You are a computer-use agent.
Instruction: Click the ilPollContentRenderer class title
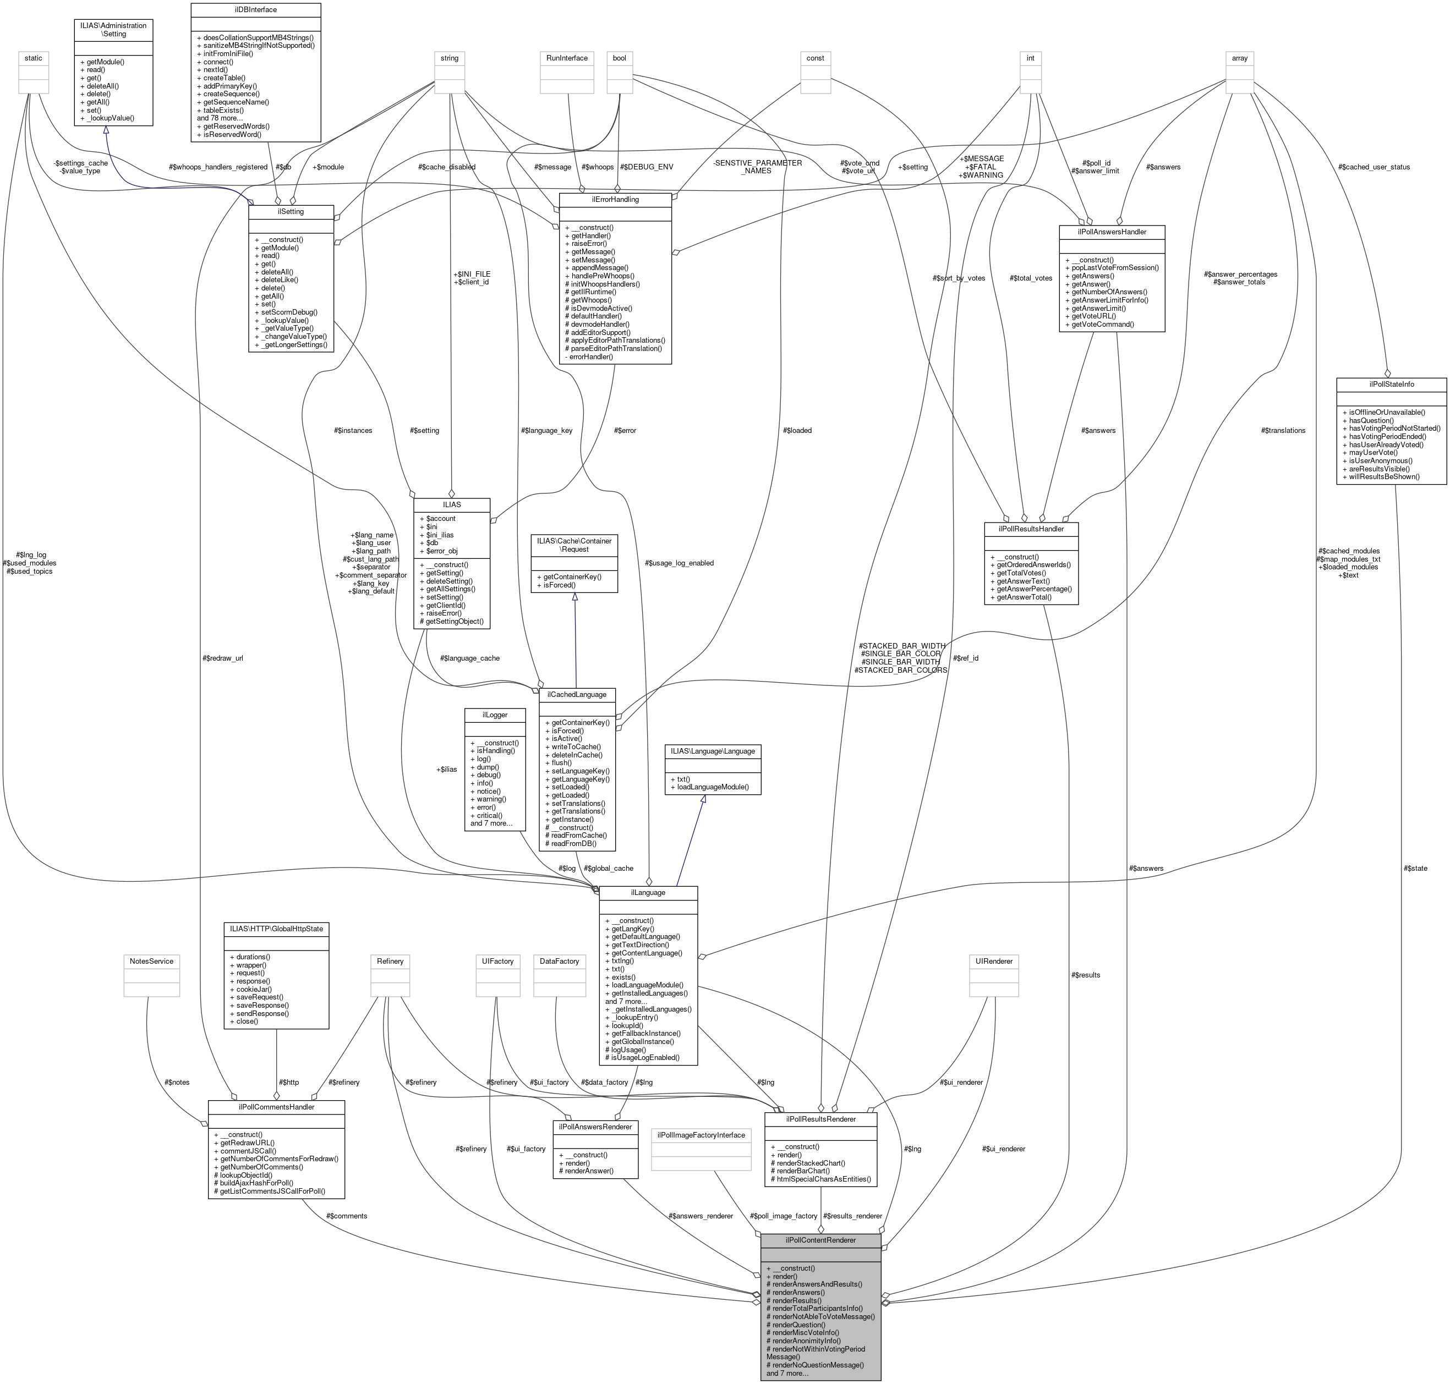(820, 1240)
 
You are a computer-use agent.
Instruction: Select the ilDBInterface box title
(255, 9)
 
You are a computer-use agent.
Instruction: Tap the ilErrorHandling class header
(615, 199)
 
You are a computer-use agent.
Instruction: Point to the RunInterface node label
(567, 58)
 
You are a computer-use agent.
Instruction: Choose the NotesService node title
(151, 962)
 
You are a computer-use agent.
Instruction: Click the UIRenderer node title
(994, 962)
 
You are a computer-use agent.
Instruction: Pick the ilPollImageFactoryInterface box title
(701, 1135)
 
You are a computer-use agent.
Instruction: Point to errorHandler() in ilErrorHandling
(589, 356)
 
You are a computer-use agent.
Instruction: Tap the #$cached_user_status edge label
(1374, 167)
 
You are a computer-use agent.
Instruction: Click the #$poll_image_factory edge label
(783, 1216)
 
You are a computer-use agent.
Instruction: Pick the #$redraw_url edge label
(222, 658)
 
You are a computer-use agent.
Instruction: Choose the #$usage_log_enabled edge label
(679, 563)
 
